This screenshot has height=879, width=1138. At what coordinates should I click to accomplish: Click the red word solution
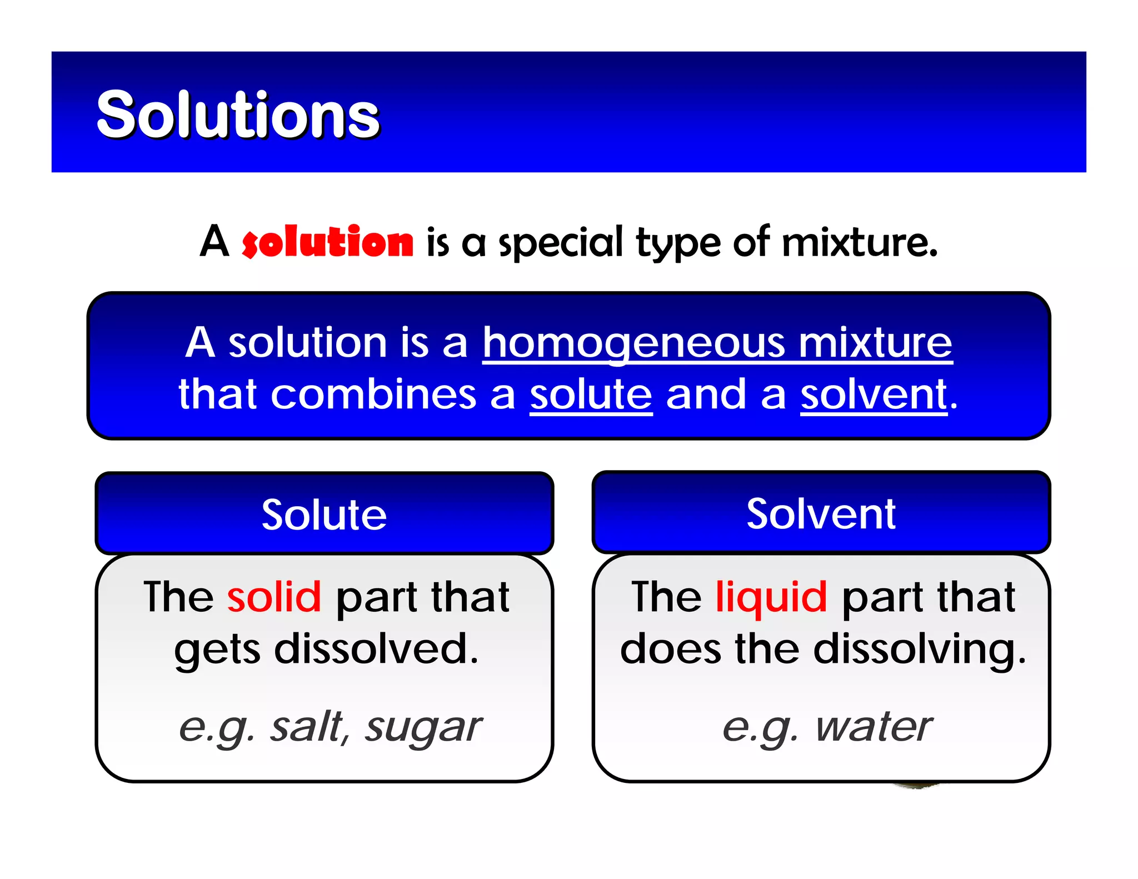(328, 242)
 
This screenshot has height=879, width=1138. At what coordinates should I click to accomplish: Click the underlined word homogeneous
(633, 343)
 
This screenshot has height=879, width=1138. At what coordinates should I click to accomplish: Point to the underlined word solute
(591, 395)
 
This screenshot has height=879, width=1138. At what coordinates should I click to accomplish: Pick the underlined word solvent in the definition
(874, 395)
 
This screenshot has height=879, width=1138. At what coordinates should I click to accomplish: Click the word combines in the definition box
(373, 395)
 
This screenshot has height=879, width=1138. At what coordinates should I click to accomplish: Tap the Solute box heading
(324, 515)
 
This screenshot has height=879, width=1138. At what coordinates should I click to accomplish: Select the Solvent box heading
(821, 514)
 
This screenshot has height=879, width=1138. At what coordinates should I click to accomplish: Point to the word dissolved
(376, 649)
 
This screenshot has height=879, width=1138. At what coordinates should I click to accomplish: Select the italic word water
(874, 727)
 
